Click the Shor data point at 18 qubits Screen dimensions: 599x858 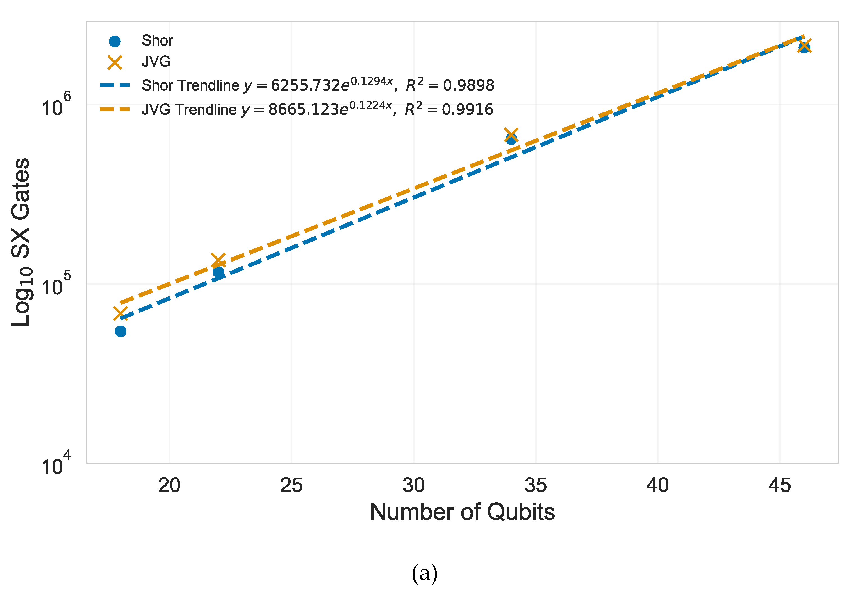(120, 331)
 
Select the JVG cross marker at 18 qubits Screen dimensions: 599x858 (120, 314)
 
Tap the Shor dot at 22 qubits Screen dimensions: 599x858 (219, 272)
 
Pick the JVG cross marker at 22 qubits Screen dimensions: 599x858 (219, 260)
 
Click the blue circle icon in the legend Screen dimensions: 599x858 (115, 41)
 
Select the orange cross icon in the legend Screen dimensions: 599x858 (115, 62)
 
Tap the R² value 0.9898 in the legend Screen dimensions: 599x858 (469, 86)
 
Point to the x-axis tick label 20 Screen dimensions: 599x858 (169, 486)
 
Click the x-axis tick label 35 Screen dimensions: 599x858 (536, 486)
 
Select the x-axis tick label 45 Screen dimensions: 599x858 (780, 486)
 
